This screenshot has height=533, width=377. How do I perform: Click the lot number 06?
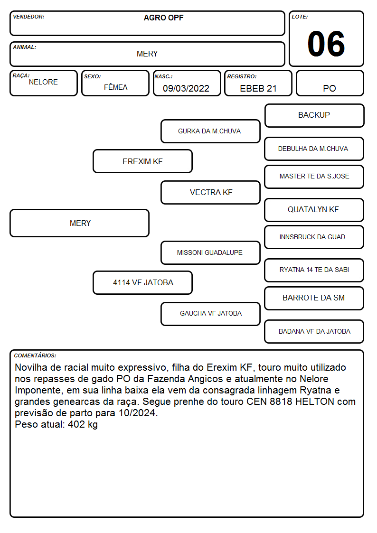[x=326, y=44]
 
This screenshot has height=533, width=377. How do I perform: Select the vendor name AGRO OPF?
[x=163, y=18]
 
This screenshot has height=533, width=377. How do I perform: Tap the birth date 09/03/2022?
[x=186, y=88]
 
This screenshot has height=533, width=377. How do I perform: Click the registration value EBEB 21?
[x=258, y=88]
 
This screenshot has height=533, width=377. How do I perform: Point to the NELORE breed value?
[x=43, y=82]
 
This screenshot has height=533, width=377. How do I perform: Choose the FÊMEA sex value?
[x=115, y=87]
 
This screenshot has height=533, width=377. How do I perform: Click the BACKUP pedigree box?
[x=314, y=116]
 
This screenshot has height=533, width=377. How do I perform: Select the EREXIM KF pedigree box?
[x=142, y=161]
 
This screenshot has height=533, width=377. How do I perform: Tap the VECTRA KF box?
[x=210, y=192]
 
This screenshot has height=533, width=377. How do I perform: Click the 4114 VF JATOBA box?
[x=142, y=282]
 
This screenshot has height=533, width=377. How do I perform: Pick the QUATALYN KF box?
[x=314, y=210]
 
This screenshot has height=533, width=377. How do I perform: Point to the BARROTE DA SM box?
[x=314, y=298]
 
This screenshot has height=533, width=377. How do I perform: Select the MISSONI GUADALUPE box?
[x=210, y=252]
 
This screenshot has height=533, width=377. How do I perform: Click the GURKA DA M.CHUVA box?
[x=210, y=131]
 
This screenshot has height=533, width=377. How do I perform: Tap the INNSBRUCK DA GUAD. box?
[x=314, y=237]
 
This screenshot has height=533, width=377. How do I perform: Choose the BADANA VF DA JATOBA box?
[x=314, y=331]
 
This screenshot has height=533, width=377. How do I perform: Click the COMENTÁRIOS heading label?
[x=35, y=355]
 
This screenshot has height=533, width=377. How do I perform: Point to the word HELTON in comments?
[x=315, y=402]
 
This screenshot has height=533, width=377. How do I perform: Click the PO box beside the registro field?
[x=330, y=83]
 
